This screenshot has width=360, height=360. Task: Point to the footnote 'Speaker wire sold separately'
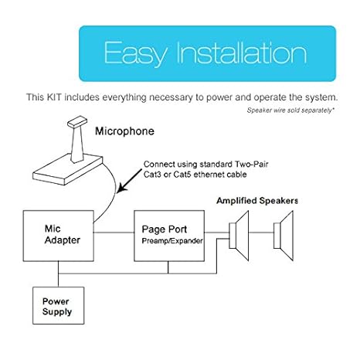click(x=290, y=110)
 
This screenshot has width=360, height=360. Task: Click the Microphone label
click(x=124, y=131)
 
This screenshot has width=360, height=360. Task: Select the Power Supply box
click(x=57, y=307)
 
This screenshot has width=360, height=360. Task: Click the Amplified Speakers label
click(x=256, y=201)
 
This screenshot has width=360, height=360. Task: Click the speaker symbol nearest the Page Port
click(x=239, y=234)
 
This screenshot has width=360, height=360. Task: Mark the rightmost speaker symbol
click(x=284, y=233)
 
